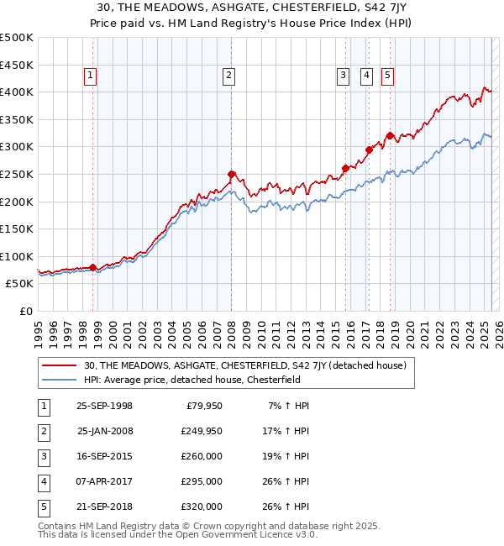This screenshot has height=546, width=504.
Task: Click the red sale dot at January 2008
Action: (231, 175)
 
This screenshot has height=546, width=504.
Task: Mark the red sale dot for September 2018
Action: (390, 135)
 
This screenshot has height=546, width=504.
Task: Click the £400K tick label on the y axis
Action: (17, 92)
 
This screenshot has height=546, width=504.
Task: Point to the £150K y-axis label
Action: (17, 228)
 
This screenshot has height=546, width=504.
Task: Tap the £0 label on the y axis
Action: (25, 311)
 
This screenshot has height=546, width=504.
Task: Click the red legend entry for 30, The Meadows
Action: (245, 365)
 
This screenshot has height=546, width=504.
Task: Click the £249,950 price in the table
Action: (202, 431)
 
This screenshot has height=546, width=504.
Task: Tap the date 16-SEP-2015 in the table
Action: (104, 456)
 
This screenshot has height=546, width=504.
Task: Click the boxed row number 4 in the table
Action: (44, 481)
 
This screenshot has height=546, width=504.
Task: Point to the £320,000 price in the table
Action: (202, 507)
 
